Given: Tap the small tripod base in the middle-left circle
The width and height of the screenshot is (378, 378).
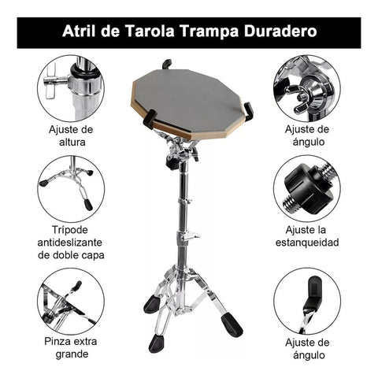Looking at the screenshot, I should click(x=70, y=185).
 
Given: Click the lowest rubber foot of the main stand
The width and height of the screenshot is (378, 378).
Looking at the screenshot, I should click(x=157, y=343).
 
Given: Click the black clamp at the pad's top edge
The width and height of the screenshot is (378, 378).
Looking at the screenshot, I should click(x=167, y=64).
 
